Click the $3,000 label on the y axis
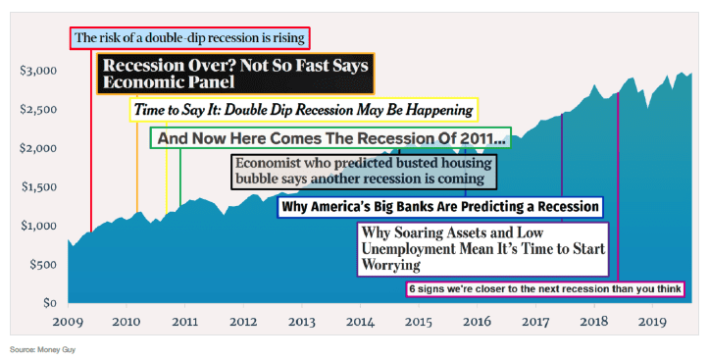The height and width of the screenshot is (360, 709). [37, 71]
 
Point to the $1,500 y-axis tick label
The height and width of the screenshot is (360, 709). [38, 186]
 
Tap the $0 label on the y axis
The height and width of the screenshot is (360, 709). [49, 303]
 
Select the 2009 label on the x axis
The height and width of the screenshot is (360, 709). [68, 322]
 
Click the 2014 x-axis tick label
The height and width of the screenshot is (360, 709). [360, 322]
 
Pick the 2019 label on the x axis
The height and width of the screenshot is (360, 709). [652, 322]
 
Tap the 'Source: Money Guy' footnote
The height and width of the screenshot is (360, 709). [42, 349]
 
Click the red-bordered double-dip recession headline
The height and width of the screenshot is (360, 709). [190, 38]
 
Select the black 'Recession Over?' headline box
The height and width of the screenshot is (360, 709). [235, 74]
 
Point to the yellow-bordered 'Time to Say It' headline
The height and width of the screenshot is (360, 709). [304, 110]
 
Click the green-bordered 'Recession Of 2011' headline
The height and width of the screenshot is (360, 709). [330, 138]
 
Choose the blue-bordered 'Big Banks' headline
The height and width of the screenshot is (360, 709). [440, 207]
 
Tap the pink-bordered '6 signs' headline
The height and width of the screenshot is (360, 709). [545, 289]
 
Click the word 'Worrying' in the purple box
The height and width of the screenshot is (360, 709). [391, 266]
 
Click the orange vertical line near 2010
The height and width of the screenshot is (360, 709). [137, 153]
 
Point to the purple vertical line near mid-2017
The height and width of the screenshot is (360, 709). [562, 168]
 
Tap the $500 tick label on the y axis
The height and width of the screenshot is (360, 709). [43, 265]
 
